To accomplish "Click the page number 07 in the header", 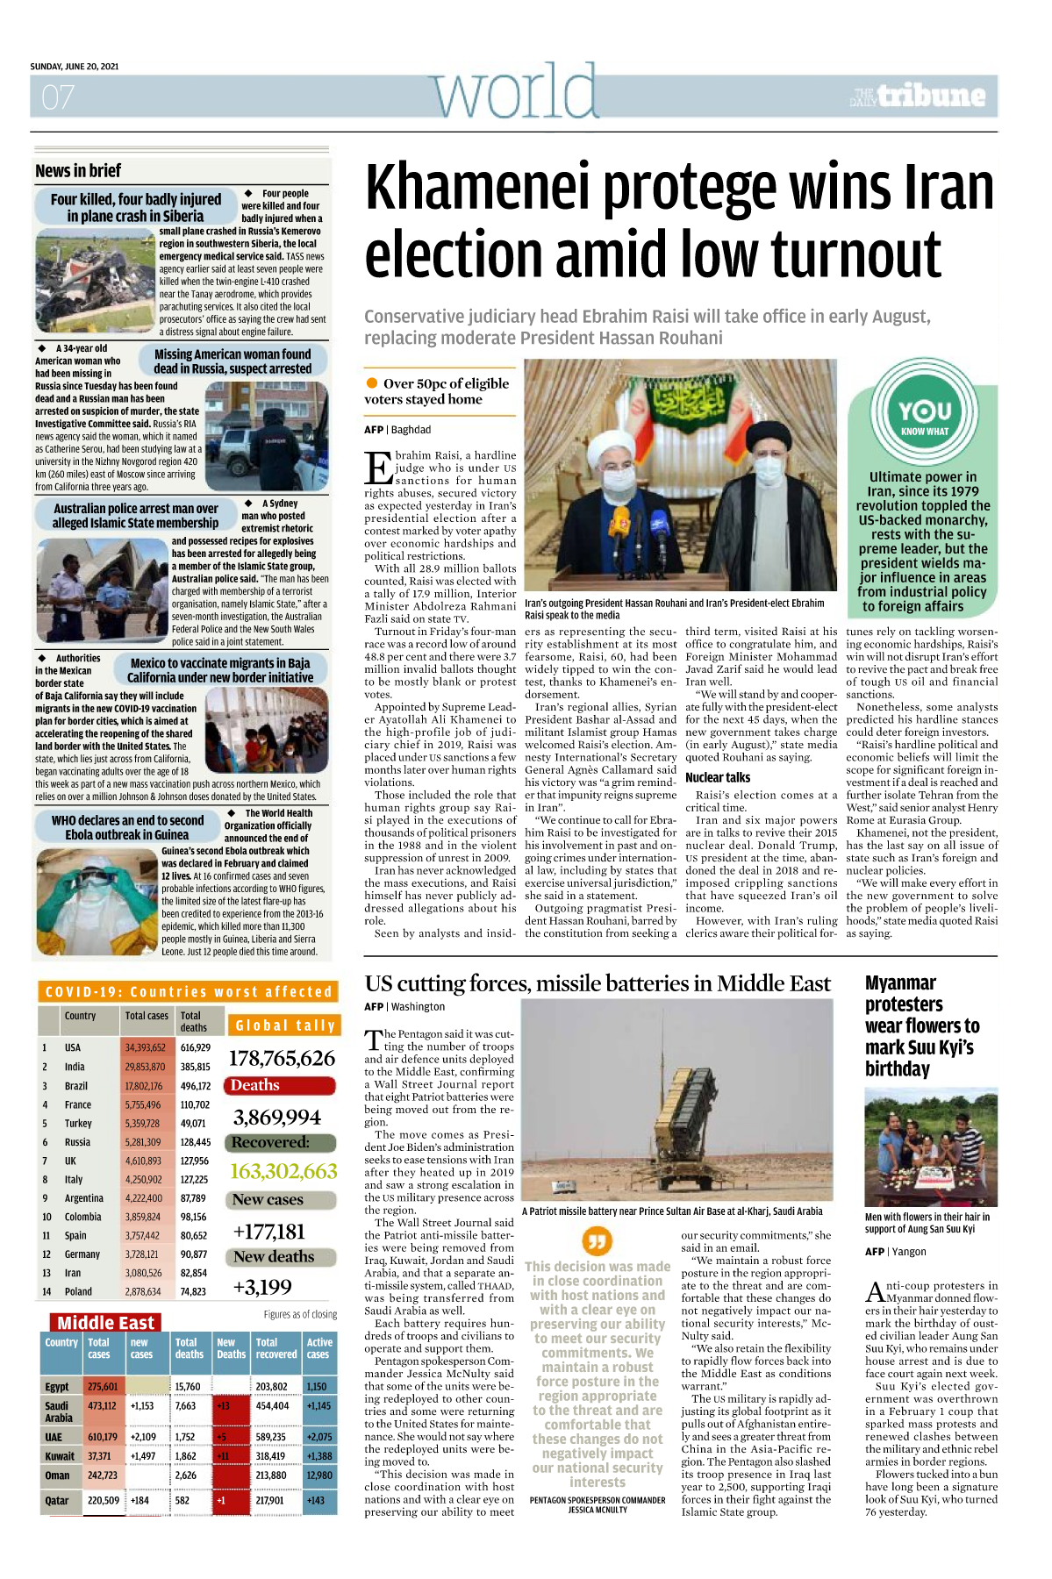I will (58, 96).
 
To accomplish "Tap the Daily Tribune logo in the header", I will (918, 96).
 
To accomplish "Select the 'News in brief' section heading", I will (78, 171).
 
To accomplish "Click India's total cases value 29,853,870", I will (145, 1067).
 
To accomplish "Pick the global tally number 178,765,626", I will (282, 1058).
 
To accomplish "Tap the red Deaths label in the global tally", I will (255, 1085).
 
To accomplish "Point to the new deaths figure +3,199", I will (262, 1287).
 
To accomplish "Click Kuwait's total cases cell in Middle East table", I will (99, 1455).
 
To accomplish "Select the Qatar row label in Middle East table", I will (57, 1500).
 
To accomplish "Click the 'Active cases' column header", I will (319, 1348).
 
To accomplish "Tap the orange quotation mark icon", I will (597, 1240).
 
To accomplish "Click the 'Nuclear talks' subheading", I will (718, 777).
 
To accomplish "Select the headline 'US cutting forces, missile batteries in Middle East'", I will (598, 983).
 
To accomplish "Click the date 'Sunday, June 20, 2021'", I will (75, 67).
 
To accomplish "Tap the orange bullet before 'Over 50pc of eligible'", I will (372, 383).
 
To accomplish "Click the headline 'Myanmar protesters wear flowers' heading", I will (921, 1025).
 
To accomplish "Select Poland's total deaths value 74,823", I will (193, 1291).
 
